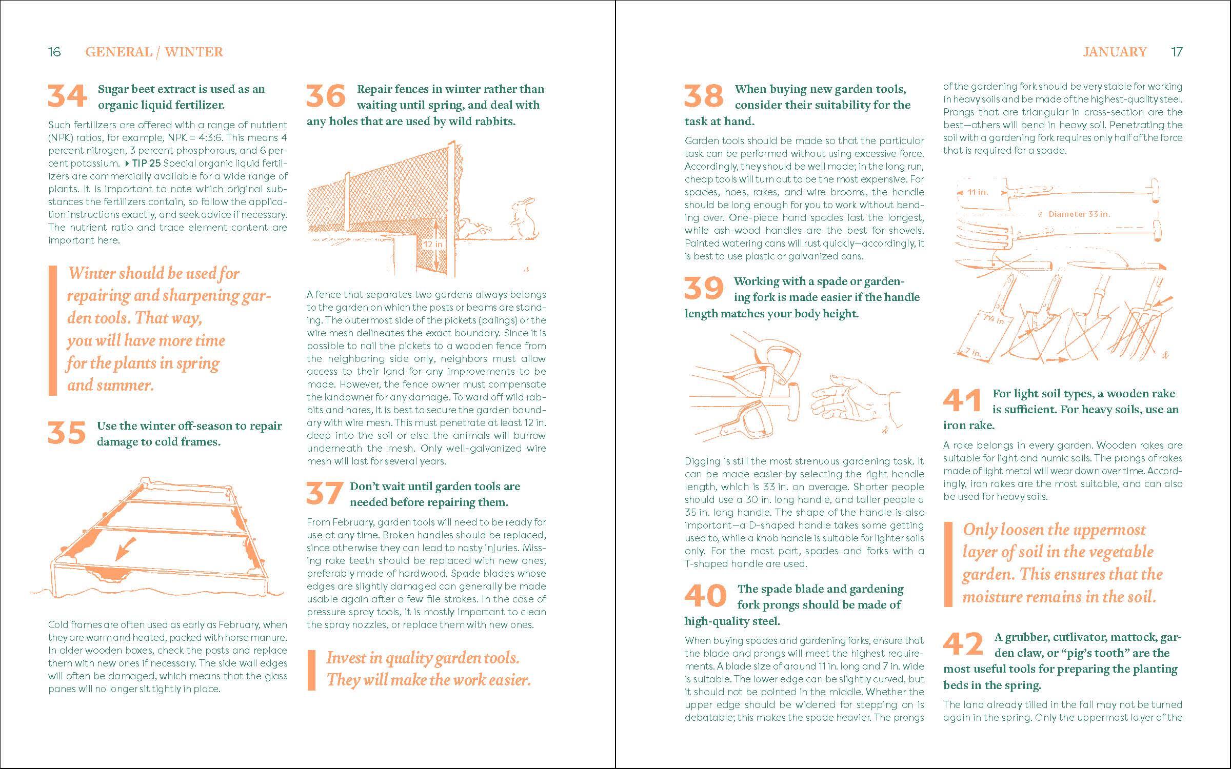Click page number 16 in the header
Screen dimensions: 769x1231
(x=54, y=52)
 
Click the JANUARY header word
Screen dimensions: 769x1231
(x=1115, y=52)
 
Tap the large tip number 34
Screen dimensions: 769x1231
(x=68, y=96)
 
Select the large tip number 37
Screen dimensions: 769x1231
(x=325, y=493)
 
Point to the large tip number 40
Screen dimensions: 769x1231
(x=706, y=596)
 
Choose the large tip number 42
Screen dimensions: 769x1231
(x=963, y=644)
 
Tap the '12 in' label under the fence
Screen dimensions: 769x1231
(x=432, y=245)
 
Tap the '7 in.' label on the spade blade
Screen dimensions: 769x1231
(x=972, y=352)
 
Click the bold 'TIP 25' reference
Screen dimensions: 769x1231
(x=146, y=164)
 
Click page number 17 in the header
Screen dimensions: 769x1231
(x=1177, y=52)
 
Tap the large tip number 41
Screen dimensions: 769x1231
(x=962, y=400)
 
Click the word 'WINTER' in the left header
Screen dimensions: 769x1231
(x=194, y=52)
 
